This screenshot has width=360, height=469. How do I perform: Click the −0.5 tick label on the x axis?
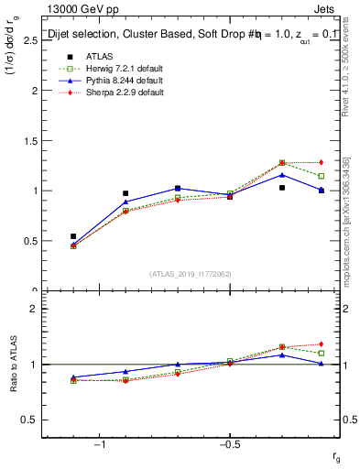228,444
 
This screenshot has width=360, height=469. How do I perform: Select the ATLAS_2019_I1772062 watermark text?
191,274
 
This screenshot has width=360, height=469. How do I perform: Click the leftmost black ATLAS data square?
73,236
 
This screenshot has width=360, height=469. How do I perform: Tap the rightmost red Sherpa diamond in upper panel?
321,162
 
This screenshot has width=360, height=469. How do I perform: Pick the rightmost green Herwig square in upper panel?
321,176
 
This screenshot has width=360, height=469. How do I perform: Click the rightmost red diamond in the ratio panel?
321,344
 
